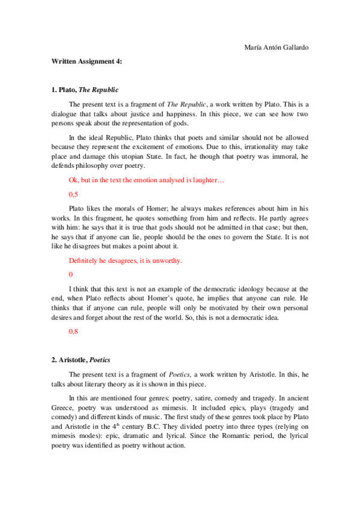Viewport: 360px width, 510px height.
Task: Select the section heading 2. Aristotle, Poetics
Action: tap(83, 360)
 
